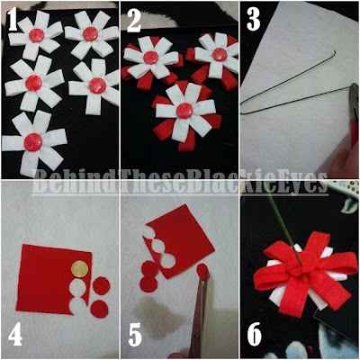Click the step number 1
15,18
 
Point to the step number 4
15,334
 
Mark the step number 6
255,334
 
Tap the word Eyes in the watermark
301,186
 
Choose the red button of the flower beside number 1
38,34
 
